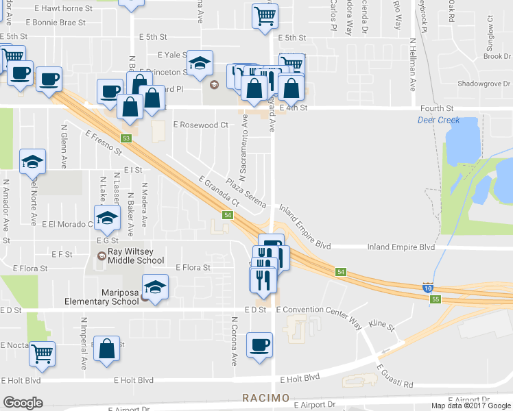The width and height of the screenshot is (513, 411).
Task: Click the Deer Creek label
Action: click(x=438, y=121)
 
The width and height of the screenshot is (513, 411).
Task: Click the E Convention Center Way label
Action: click(x=318, y=310)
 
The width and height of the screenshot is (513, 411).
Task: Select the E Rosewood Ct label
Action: click(x=200, y=125)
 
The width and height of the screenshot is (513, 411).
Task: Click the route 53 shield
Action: click(x=126, y=138)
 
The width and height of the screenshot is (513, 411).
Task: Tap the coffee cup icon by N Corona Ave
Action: click(x=259, y=345)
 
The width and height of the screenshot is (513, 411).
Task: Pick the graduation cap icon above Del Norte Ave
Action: click(x=32, y=161)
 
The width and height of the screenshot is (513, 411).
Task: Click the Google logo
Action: click(x=23, y=403)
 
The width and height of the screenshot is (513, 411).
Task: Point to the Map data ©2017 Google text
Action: click(x=471, y=406)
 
